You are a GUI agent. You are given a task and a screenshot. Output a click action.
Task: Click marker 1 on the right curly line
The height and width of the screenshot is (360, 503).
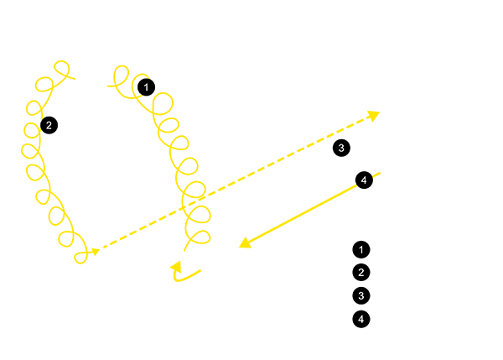[x=146, y=87]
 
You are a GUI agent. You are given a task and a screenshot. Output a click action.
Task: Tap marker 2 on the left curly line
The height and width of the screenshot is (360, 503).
[x=49, y=125]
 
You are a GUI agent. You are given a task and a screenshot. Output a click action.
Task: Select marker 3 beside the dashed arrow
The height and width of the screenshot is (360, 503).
[x=341, y=148]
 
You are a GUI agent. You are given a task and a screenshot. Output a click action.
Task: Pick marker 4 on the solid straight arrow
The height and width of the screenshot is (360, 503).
[x=364, y=180]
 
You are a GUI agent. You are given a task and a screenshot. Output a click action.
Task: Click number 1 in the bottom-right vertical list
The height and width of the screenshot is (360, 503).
[x=361, y=249]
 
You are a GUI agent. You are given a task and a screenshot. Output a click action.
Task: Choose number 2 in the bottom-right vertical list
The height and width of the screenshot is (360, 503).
[x=361, y=273]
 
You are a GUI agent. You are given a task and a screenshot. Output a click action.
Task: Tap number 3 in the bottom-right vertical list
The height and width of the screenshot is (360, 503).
[x=361, y=295]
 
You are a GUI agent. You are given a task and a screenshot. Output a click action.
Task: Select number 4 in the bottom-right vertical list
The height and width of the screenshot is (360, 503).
[x=361, y=319]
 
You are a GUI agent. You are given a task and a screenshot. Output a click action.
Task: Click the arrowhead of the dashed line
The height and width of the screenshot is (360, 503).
[x=374, y=115]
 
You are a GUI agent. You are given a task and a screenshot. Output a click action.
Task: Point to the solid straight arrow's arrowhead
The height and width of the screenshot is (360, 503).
[x=246, y=243]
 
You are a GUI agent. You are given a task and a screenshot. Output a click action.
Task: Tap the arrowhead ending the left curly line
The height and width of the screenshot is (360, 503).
[x=96, y=252]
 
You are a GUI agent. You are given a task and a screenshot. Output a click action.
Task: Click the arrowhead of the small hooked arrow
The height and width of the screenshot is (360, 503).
[x=176, y=267]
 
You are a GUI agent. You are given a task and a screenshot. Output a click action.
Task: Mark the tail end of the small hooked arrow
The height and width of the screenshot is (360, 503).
[x=200, y=270]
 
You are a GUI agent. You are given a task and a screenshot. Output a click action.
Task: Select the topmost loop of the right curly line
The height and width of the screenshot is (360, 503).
[x=122, y=76]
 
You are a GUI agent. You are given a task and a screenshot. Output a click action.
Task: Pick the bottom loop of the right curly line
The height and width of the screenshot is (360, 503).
[x=201, y=237]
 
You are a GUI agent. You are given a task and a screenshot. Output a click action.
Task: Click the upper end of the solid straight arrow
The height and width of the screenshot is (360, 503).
[x=380, y=174]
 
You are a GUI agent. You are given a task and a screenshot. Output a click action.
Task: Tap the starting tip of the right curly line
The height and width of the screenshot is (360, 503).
[x=108, y=86]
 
